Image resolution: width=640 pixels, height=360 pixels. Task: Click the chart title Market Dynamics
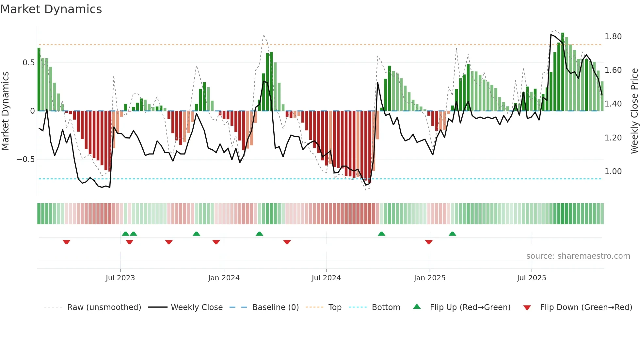[x=51, y=9]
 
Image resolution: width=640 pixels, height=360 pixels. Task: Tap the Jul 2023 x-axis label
[x=120, y=278]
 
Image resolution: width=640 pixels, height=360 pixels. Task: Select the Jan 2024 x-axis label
[x=224, y=278]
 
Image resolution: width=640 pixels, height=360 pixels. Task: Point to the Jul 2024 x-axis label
[x=326, y=278]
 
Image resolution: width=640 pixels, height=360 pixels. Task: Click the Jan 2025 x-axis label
[x=429, y=278]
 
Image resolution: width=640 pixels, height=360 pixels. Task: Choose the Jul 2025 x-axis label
[x=531, y=278]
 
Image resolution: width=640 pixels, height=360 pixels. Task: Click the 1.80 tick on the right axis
[x=613, y=37]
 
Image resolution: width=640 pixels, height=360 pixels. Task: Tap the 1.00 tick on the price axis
[x=613, y=172]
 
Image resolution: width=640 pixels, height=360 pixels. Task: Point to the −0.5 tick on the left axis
[x=25, y=159]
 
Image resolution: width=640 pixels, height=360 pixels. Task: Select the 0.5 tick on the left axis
[x=28, y=63]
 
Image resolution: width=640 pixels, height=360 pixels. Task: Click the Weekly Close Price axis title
[x=634, y=111]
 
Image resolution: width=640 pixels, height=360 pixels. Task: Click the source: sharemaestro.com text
[x=578, y=256]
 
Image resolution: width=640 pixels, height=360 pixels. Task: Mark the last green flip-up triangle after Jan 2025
[x=452, y=234]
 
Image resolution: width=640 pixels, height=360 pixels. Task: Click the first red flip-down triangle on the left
[x=66, y=242]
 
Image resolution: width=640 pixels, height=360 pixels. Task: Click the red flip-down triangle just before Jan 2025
[x=429, y=242]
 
